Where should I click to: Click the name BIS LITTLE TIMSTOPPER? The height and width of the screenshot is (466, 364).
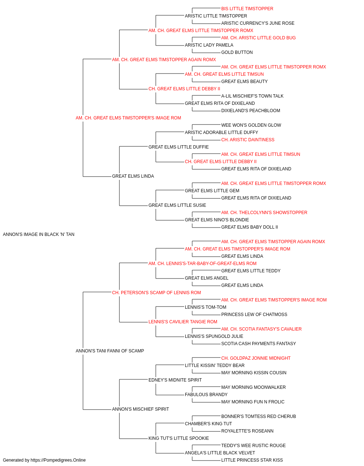pyautogui.click(x=247, y=9)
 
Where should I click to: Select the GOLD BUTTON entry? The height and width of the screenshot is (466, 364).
pyautogui.click(x=237, y=52)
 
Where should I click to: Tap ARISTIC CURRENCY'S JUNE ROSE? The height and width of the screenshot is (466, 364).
pyautogui.click(x=258, y=23)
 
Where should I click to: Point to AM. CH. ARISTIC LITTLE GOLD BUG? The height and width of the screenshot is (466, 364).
pyautogui.click(x=258, y=38)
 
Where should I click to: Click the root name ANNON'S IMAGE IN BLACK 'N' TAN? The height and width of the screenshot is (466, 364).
pyautogui.click(x=39, y=234)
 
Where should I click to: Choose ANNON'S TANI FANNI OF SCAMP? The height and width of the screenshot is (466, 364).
pyautogui.click(x=110, y=351)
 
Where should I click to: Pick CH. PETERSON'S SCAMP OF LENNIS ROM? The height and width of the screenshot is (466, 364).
pyautogui.click(x=157, y=293)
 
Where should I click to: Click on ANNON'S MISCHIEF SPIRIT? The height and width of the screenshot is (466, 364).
pyautogui.click(x=141, y=409)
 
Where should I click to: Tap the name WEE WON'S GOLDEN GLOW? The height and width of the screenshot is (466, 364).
pyautogui.click(x=251, y=125)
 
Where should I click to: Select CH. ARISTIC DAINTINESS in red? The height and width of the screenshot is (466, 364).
pyautogui.click(x=248, y=140)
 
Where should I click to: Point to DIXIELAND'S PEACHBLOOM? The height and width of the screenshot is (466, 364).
pyautogui.click(x=250, y=111)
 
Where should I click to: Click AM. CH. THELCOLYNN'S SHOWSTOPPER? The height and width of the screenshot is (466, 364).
pyautogui.click(x=264, y=213)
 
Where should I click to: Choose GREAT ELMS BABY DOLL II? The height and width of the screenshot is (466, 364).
pyautogui.click(x=250, y=227)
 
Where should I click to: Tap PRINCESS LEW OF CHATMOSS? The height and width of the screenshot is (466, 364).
pyautogui.click(x=254, y=315)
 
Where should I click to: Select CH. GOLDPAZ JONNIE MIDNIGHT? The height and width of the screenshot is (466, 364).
pyautogui.click(x=256, y=358)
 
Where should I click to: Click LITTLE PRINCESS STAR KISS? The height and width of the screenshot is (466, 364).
pyautogui.click(x=252, y=460)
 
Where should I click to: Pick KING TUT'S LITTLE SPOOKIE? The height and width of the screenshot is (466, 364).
pyautogui.click(x=179, y=438)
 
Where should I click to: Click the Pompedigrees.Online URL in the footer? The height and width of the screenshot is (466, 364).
pyautogui.click(x=58, y=460)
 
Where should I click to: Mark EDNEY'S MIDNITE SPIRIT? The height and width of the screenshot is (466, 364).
pyautogui.click(x=175, y=380)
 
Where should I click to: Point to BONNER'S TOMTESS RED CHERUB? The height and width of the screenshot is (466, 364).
pyautogui.click(x=258, y=416)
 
